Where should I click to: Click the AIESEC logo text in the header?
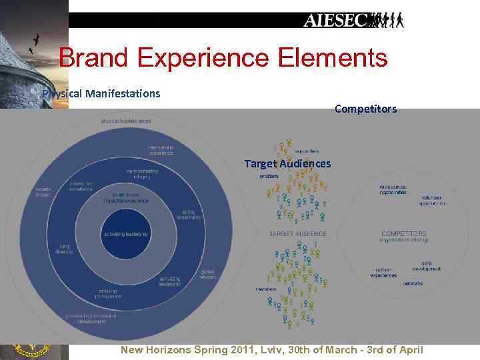pos(337,20)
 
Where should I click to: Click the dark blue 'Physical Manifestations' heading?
pos(101,93)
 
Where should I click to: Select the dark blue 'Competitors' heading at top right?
pos(365,108)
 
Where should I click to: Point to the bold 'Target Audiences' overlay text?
pos(287,163)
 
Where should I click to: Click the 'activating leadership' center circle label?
pos(125,235)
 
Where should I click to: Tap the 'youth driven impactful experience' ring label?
pos(126,198)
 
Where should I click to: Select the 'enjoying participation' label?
pos(107,294)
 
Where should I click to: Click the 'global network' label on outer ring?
pos(207,274)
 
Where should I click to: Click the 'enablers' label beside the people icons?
pos(269,176)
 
